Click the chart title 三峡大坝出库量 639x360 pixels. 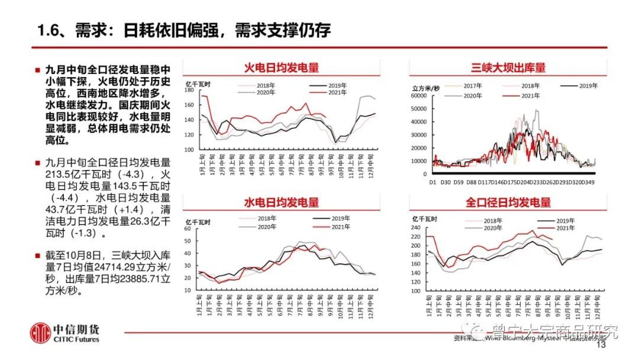pos(508,68)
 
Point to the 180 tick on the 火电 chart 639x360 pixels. pos(189,91)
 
